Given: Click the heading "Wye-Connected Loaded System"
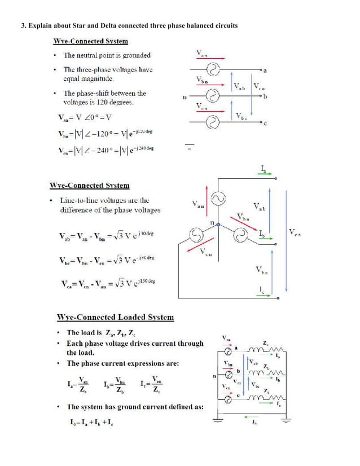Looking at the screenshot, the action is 116,318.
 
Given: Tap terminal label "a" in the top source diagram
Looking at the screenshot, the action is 265,71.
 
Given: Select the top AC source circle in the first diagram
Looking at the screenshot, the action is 213,70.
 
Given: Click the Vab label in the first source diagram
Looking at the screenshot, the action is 240,86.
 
